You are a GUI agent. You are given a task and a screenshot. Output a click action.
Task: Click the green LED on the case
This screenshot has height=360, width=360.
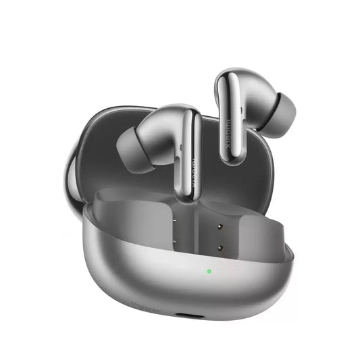coord(210,272)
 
